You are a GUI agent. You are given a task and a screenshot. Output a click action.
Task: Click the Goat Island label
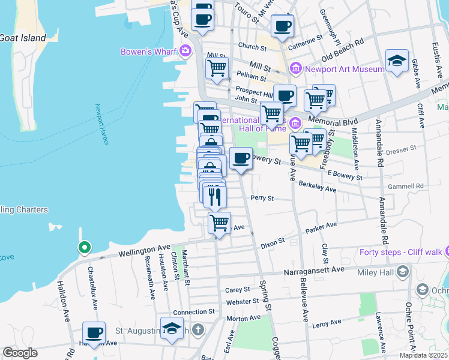point(23,38)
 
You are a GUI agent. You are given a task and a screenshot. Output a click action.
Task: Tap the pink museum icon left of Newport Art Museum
point(295,70)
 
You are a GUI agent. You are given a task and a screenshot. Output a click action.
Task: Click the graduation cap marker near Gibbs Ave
point(397,61)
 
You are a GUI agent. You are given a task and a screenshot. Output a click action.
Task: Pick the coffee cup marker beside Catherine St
point(282,26)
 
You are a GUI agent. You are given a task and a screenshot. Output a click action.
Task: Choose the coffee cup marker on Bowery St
point(241,158)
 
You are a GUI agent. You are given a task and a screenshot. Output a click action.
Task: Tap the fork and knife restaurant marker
point(215,196)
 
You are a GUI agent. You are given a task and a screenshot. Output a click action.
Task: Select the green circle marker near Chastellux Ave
point(85,247)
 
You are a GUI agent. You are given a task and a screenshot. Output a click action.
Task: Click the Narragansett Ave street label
point(315,271)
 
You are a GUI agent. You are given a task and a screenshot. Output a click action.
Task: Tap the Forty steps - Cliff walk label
point(400,252)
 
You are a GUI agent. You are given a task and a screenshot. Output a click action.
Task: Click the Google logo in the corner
point(20,353)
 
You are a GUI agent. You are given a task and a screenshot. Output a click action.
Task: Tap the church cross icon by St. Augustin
point(198,330)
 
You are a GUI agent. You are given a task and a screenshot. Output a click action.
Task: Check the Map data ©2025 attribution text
point(423,355)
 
